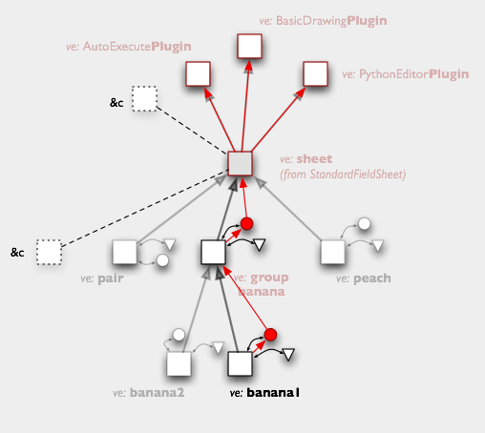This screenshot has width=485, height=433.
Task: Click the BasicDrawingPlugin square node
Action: point(249,47)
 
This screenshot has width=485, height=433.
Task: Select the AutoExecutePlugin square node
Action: point(198,74)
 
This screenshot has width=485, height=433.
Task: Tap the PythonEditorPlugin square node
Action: point(315,74)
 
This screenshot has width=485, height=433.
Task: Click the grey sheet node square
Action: point(240,164)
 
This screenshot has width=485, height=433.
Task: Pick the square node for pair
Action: point(125,252)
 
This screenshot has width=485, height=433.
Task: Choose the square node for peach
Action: point(332,252)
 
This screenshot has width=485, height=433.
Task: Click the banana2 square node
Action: point(179,363)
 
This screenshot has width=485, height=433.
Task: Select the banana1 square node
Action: point(240,363)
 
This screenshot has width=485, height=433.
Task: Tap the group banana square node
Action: point(213,252)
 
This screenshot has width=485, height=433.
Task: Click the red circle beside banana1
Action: point(270,335)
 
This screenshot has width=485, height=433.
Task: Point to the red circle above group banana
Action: point(246,224)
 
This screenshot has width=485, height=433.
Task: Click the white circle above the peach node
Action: point(365,224)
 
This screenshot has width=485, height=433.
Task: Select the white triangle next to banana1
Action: point(288,354)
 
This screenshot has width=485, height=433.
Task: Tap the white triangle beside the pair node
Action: point(170,244)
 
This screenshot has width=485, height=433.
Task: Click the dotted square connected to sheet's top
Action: point(145,98)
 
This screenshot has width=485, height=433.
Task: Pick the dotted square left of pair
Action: point(49,252)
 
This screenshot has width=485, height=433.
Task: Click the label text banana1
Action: point(273,393)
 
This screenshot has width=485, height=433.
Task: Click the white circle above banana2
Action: point(179,335)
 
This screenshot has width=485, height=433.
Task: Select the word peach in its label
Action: point(372,278)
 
